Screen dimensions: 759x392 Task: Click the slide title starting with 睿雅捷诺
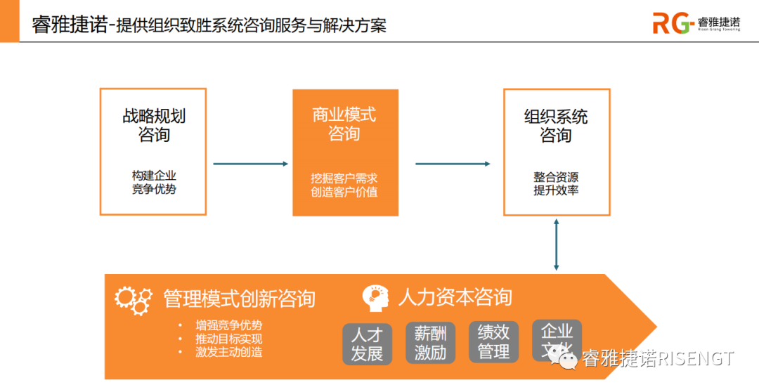(209, 25)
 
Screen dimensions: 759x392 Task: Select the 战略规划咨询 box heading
(154, 125)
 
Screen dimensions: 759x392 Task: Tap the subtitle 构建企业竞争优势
(154, 182)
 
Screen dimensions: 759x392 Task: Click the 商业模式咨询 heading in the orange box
(344, 124)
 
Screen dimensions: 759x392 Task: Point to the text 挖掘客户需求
(344, 178)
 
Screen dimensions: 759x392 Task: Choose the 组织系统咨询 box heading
(556, 126)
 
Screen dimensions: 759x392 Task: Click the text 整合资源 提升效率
(556, 183)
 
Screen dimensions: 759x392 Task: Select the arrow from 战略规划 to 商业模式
(250, 164)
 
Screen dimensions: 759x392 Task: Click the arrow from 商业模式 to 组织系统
(453, 164)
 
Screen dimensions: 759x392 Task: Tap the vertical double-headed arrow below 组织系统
(557, 244)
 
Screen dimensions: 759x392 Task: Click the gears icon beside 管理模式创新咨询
(133, 300)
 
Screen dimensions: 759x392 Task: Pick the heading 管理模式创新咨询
(239, 299)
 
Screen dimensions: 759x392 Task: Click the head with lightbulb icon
(376, 298)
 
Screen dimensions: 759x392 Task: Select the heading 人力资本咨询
(455, 297)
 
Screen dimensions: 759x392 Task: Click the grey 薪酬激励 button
(430, 342)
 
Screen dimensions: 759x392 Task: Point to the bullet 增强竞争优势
(229, 325)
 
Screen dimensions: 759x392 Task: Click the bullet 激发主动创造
(229, 352)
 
